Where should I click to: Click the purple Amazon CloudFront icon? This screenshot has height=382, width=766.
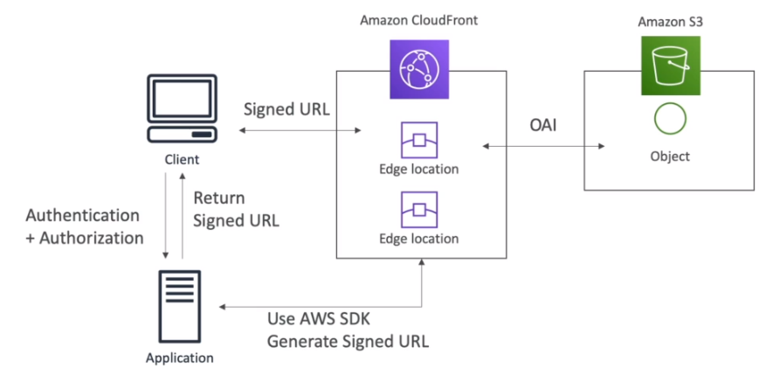(x=419, y=69)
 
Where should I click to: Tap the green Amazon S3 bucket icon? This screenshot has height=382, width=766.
(x=671, y=66)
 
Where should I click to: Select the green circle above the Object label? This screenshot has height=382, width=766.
(x=670, y=118)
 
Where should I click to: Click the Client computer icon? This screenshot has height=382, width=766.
(x=182, y=108)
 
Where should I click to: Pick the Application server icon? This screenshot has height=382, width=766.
(x=179, y=306)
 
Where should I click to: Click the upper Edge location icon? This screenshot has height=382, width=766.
(x=419, y=141)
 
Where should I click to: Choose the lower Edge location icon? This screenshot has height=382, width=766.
(x=419, y=210)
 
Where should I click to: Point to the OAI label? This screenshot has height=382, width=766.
(x=543, y=125)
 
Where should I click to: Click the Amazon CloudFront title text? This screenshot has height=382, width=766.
(x=418, y=21)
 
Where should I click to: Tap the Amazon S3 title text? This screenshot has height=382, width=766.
(x=670, y=22)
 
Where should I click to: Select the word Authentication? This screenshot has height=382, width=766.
(x=82, y=215)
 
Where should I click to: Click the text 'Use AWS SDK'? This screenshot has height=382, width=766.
(x=319, y=319)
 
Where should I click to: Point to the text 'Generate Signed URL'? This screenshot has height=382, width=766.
(x=348, y=341)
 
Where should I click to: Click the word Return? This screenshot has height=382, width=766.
(x=219, y=198)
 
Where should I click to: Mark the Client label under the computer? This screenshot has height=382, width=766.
(x=182, y=159)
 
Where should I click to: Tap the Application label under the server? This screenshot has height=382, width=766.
(x=180, y=358)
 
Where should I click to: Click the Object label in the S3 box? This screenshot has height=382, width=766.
(x=670, y=156)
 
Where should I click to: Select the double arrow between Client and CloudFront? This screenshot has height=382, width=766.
(x=300, y=130)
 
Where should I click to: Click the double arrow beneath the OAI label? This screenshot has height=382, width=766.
(x=544, y=146)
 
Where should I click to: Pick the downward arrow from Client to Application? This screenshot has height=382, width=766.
(x=166, y=215)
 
